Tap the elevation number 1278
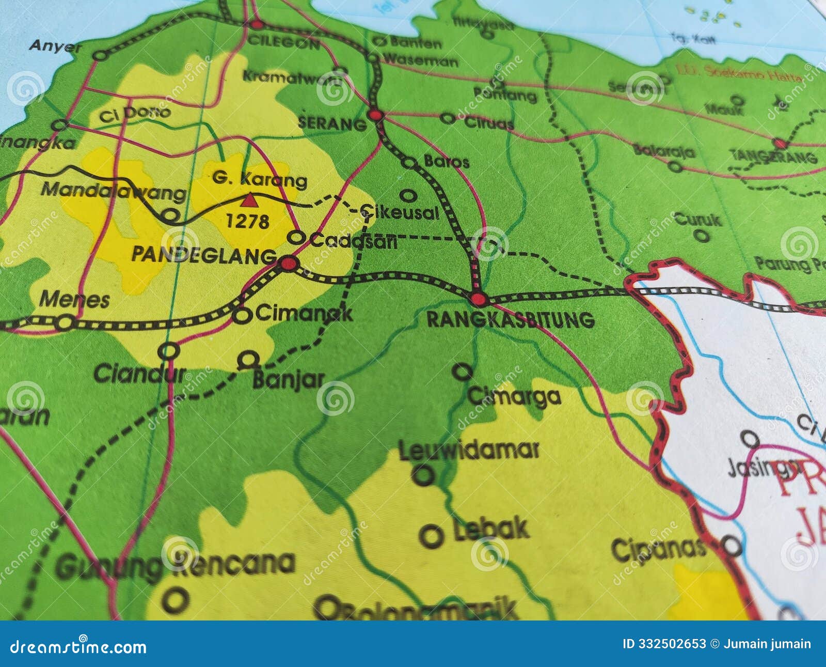pos(248,222)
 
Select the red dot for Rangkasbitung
pos(479,299)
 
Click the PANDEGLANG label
pos(204,255)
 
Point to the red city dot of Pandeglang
pos(289,265)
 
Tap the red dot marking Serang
pos(376,115)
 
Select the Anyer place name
pos(55,45)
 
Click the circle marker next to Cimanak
pos(242,315)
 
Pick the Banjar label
pos(288,380)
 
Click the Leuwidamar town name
pos(469,450)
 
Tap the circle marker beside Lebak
pos(431,536)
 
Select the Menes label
pos(74,300)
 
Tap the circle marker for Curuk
pos(701,236)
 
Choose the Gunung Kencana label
pos(176,565)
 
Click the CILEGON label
pos(283,43)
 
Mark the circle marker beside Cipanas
pos(731,545)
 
